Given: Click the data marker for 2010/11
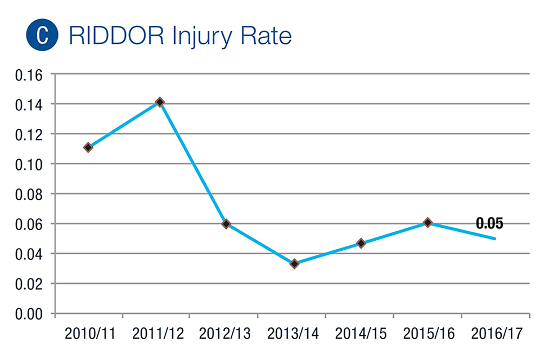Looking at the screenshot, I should [88, 147].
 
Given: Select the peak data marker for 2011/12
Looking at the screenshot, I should [160, 102].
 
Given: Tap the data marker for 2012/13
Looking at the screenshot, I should [226, 224].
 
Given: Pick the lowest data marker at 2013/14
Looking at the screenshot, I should [294, 263].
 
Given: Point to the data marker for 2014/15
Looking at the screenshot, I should [361, 244].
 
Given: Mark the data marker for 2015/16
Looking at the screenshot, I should [427, 223].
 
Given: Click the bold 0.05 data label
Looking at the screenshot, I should [489, 223].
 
